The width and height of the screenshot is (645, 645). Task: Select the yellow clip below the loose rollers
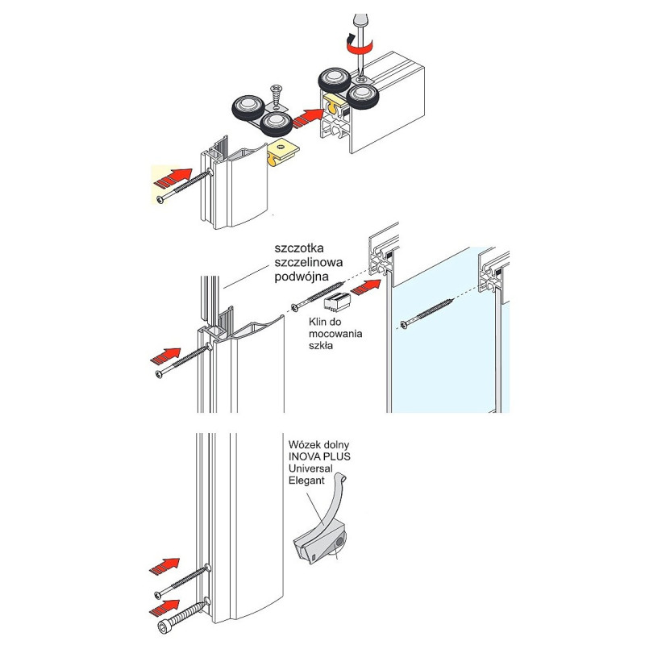[284, 150]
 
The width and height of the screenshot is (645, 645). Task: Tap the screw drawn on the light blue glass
[427, 314]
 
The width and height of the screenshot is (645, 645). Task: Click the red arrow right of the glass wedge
[370, 285]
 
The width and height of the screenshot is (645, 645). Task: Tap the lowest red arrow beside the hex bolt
[167, 605]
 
